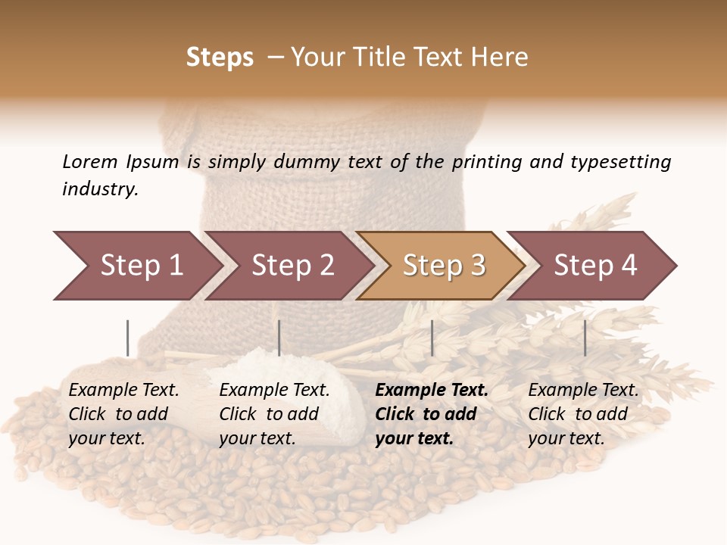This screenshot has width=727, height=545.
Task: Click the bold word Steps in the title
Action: [x=220, y=58]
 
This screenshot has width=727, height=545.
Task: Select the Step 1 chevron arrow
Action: [x=136, y=266]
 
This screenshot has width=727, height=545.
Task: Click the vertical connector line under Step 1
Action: [x=128, y=338]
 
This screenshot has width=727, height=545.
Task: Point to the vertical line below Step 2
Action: [x=279, y=338]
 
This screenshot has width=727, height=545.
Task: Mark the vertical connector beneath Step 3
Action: [x=432, y=338]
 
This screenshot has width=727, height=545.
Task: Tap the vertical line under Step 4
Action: [x=585, y=338]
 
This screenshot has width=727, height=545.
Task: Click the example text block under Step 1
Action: [x=123, y=414]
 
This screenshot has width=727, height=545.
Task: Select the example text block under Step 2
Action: [x=274, y=414]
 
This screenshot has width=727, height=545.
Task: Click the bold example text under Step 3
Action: [x=432, y=414]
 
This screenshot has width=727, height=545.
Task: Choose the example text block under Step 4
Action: [x=583, y=414]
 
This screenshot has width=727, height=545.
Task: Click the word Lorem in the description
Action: [x=90, y=161]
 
